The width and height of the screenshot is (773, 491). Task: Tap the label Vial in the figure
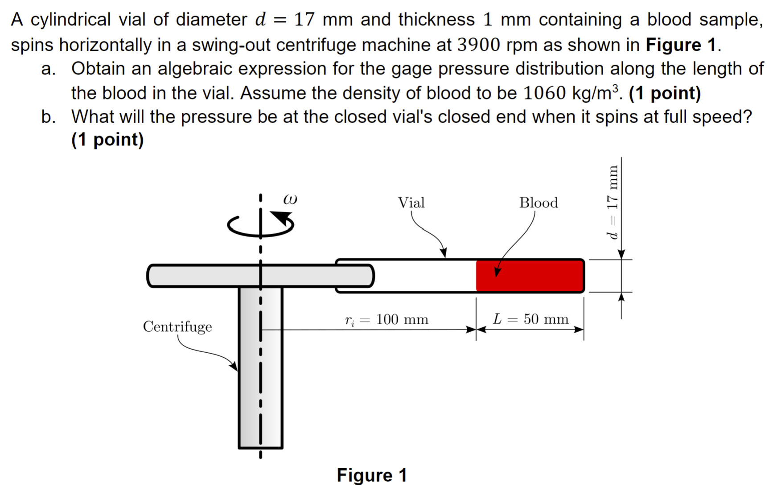tap(411, 203)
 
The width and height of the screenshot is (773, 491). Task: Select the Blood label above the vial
tap(538, 203)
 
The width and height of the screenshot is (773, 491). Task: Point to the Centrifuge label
tap(177, 327)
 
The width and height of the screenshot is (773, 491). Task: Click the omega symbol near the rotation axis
tap(290, 199)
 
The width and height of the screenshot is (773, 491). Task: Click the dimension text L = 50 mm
tap(530, 319)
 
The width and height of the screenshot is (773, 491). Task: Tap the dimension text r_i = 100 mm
tap(386, 320)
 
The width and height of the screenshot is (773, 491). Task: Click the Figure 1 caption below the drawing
tap(372, 475)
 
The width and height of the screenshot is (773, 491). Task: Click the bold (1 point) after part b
tap(107, 140)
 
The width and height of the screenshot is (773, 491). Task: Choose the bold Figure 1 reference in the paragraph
tap(681, 45)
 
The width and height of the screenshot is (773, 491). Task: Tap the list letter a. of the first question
tap(48, 69)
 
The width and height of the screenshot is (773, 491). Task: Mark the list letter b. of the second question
tap(48, 117)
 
